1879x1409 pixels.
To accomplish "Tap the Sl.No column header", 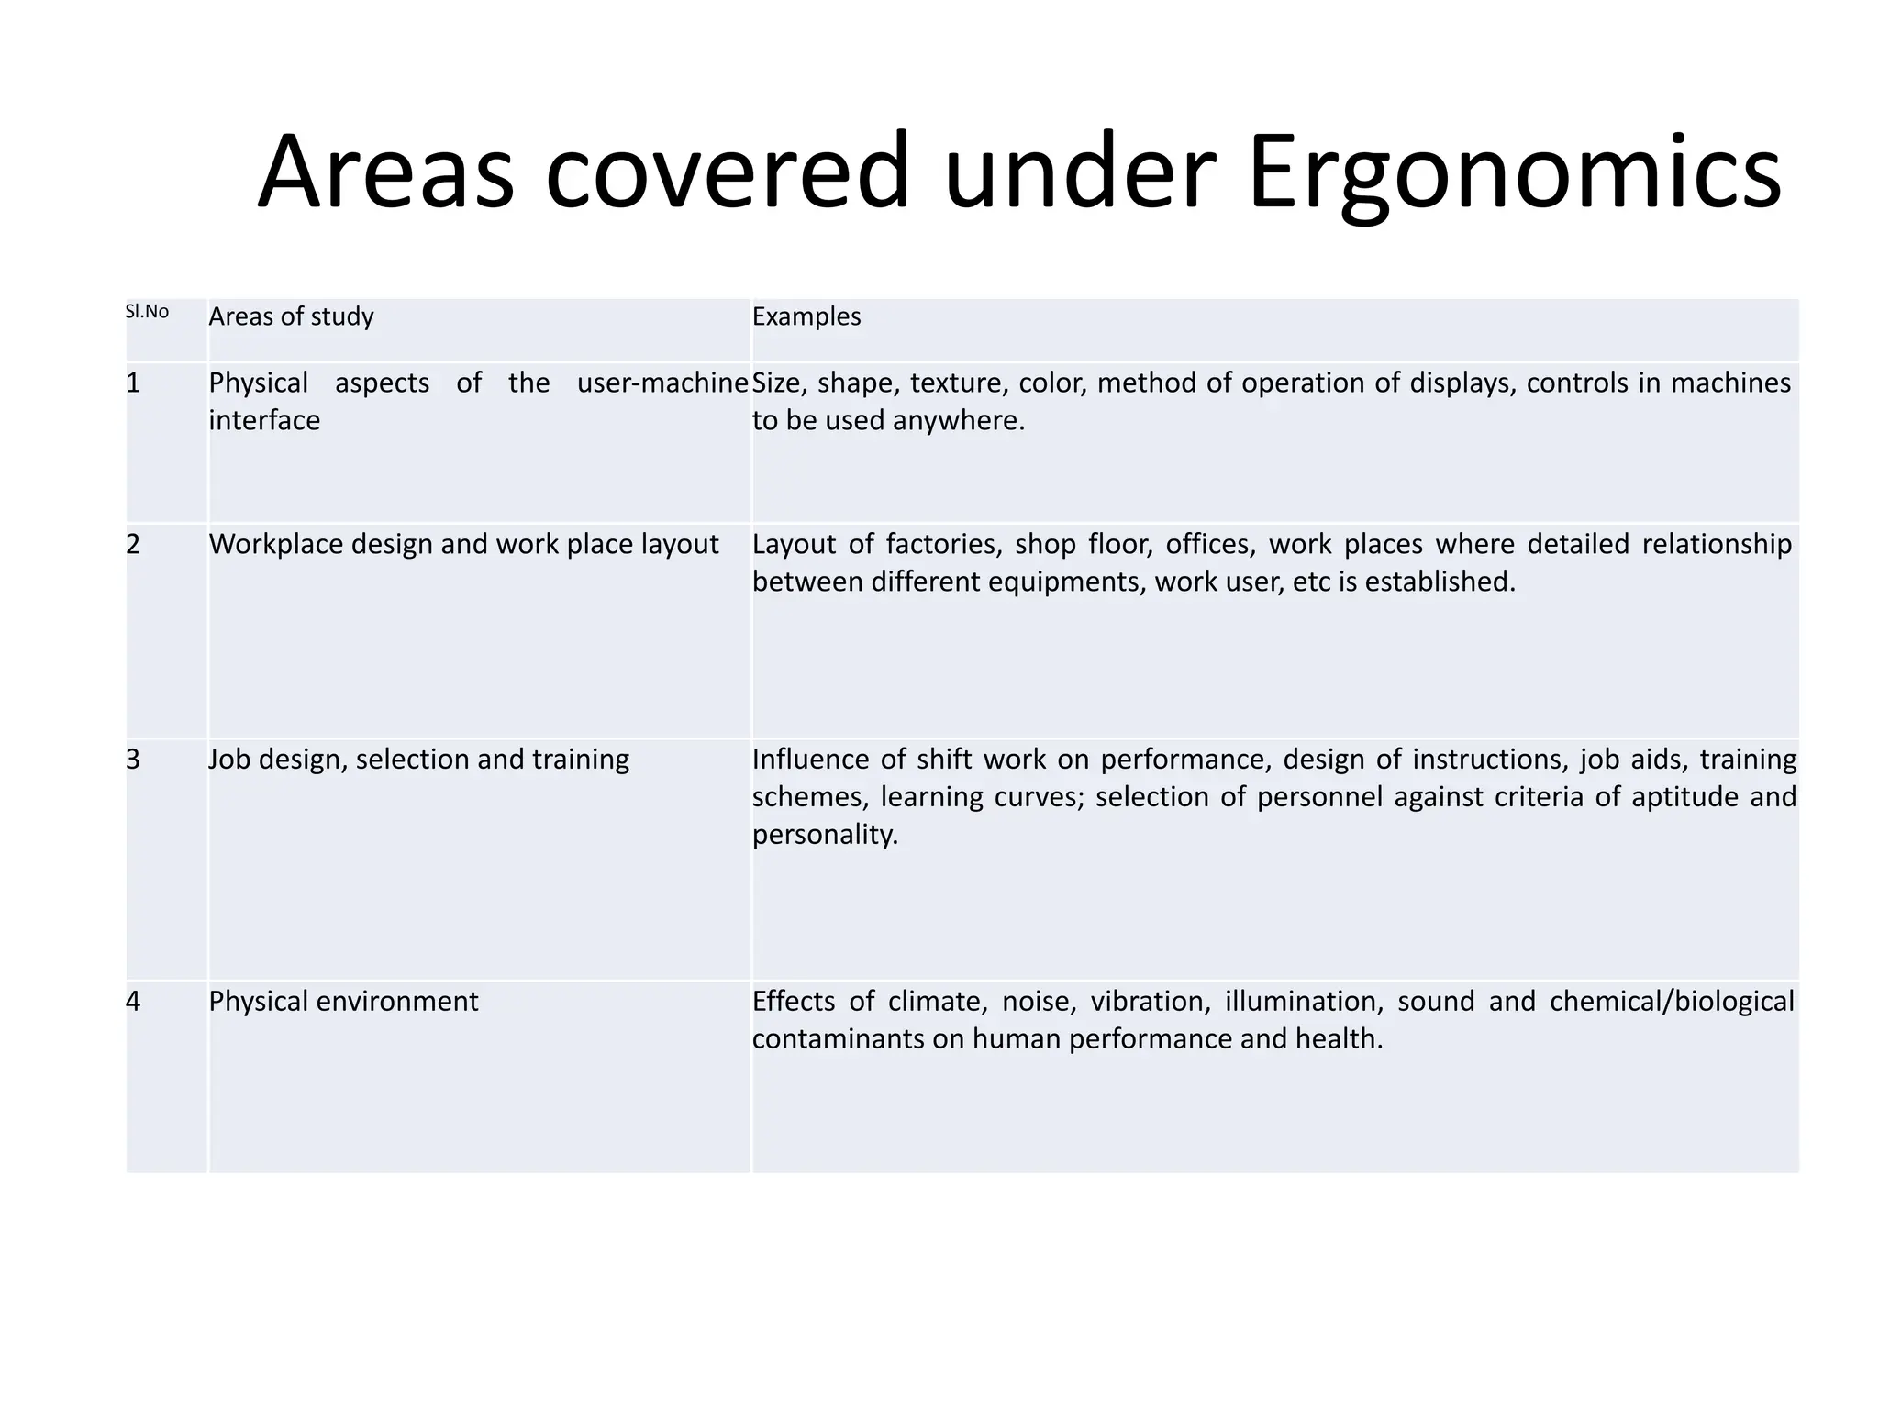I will point(147,312).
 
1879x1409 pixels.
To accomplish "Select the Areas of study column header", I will point(291,316).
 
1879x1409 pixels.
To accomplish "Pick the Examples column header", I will point(806,316).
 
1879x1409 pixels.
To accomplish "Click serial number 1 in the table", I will point(133,383).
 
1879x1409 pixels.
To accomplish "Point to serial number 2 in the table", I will point(133,544).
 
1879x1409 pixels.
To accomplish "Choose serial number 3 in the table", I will point(133,760).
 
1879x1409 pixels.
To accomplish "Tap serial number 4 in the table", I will point(133,1001).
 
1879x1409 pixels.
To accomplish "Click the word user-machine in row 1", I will point(662,383).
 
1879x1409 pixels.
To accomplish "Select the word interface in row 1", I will point(264,420).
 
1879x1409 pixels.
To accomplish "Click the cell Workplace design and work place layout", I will point(463,544).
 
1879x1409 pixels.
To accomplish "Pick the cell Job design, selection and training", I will point(418,760).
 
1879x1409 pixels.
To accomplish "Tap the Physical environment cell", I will point(343,1001).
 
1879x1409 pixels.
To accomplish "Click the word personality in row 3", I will point(824,834).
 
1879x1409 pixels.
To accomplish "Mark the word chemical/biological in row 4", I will point(1672,1001).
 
